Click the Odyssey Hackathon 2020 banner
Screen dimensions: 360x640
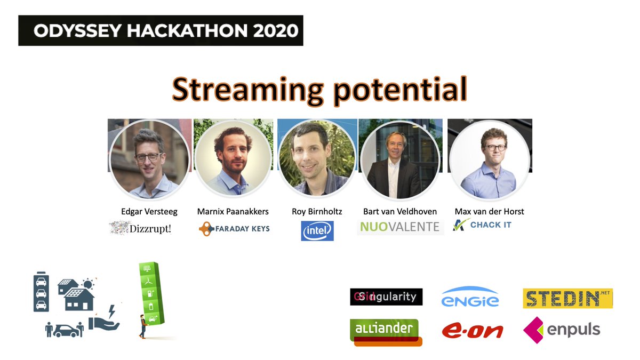click(161, 30)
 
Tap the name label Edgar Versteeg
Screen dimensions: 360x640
click(149, 212)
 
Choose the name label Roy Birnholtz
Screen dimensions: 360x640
click(317, 212)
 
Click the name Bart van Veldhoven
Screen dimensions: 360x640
click(399, 212)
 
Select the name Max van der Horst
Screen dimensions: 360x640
click(489, 212)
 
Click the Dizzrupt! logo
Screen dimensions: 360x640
click(143, 228)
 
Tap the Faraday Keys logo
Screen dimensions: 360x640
click(234, 229)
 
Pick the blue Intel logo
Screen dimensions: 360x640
click(317, 231)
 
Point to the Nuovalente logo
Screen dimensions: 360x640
click(400, 227)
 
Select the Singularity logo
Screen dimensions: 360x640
click(386, 297)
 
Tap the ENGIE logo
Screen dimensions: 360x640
click(470, 297)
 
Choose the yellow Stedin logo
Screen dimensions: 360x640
click(567, 298)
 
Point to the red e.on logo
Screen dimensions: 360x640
click(472, 331)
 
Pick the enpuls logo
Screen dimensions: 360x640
click(562, 330)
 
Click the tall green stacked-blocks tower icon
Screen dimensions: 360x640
click(151, 299)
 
